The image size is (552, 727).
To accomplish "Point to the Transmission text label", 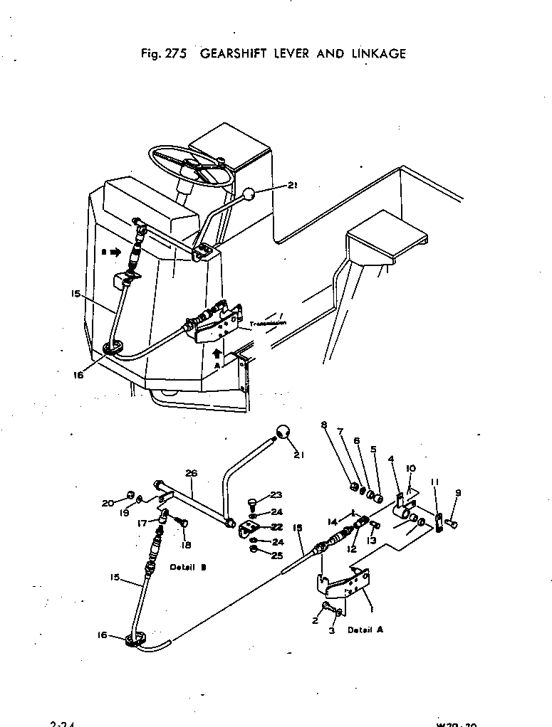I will pos(268,322).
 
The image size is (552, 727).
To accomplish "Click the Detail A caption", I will pos(365,630).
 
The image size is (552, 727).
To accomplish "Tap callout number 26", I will pos(191,473).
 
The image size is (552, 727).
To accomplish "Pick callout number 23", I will pos(276,495).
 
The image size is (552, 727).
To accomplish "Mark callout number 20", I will pos(107,503).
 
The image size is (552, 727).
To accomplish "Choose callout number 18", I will pos(187,546).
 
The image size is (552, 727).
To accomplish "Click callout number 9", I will pos(458,492).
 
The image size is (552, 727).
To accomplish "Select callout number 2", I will pos(314,621).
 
